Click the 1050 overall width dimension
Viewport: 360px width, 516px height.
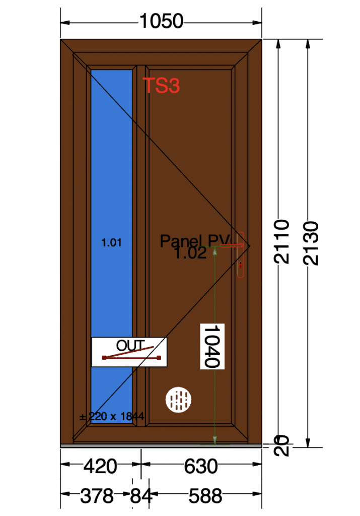click(x=161, y=22)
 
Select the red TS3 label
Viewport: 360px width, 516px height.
click(x=161, y=86)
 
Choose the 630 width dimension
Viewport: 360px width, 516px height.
click(x=201, y=467)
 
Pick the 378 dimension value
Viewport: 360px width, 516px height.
click(x=97, y=497)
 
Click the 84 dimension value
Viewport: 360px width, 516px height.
click(x=141, y=497)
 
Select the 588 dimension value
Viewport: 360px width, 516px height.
click(x=205, y=497)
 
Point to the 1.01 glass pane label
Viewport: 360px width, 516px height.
click(x=111, y=243)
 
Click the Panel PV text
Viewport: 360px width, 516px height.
click(x=194, y=241)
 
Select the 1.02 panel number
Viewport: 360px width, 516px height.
click(x=190, y=253)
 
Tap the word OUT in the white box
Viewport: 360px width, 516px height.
click(x=130, y=346)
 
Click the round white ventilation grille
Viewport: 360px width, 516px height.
click(x=179, y=400)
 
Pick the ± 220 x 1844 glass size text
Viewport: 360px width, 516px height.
click(x=112, y=417)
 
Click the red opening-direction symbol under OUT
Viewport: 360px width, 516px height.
click(x=131, y=356)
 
